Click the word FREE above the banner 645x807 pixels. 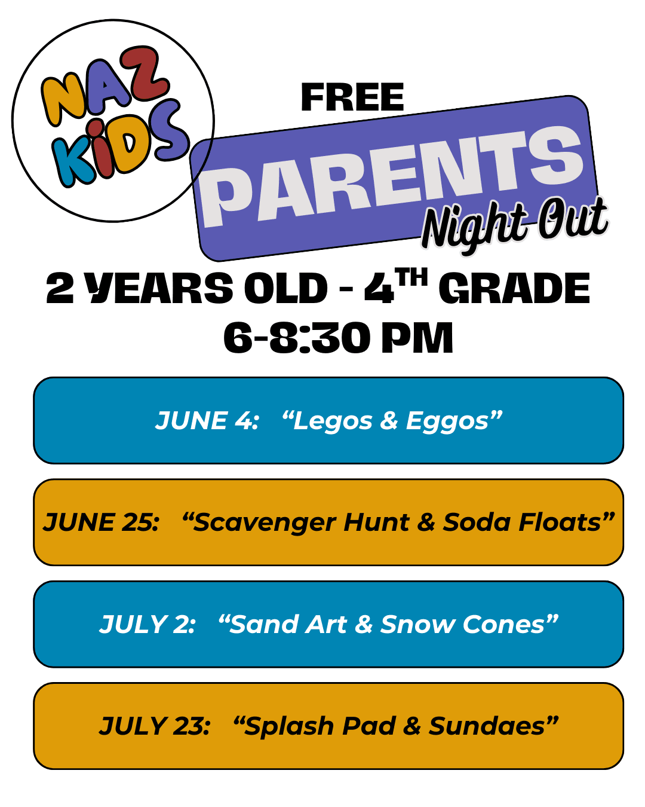(x=352, y=97)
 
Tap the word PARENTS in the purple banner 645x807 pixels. (x=392, y=176)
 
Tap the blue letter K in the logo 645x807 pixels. (x=72, y=164)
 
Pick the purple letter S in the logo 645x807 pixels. (x=169, y=130)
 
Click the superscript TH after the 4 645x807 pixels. (x=411, y=277)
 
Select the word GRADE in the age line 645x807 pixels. (x=514, y=288)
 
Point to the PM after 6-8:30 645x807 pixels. (x=417, y=338)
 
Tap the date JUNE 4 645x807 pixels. (x=207, y=420)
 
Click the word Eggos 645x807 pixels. (x=447, y=421)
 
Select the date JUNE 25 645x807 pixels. (x=101, y=522)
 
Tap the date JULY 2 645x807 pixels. (x=147, y=624)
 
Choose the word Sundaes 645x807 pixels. (x=487, y=726)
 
